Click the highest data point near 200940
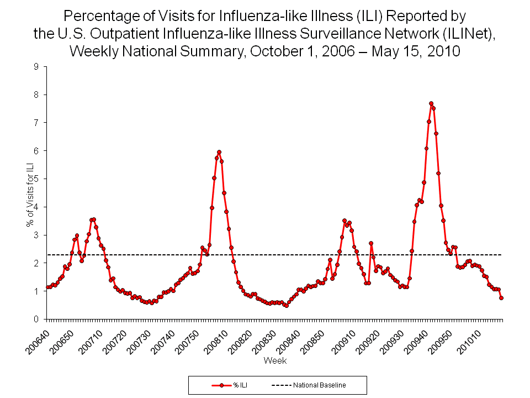[x=431, y=103]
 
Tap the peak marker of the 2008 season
[x=219, y=151]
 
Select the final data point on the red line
[x=501, y=298]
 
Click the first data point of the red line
[x=47, y=287]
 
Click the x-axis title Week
[x=274, y=361]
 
